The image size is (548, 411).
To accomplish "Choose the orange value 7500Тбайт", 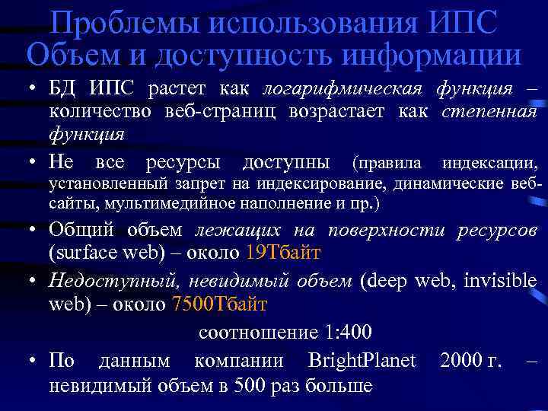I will point(221,305).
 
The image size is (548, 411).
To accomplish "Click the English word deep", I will point(387,281).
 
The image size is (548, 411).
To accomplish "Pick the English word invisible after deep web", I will point(499,281).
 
